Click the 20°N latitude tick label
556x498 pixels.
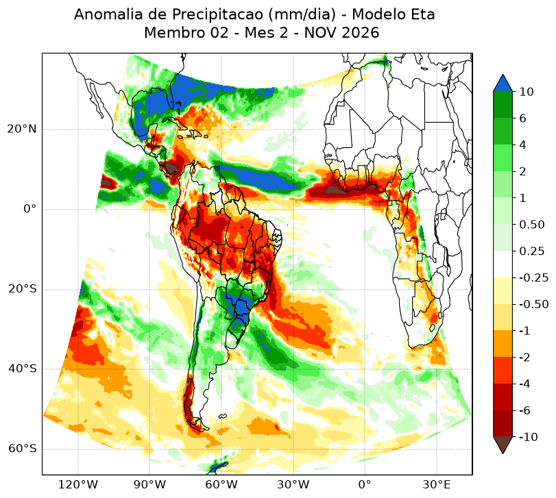click(x=22, y=129)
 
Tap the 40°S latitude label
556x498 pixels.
click(x=22, y=369)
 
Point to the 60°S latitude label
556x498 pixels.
click(x=22, y=449)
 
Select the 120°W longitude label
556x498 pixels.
click(x=77, y=484)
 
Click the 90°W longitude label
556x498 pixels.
click(x=149, y=484)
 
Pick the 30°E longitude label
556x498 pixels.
click(x=437, y=484)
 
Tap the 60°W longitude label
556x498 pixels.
click(x=221, y=484)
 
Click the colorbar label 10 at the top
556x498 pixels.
click(x=527, y=92)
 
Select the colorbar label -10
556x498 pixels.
click(x=529, y=437)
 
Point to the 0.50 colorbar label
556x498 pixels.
click(x=532, y=225)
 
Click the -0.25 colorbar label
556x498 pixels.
click(x=534, y=277)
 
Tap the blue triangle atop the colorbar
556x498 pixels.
click(x=503, y=84)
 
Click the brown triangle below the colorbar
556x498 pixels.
click(x=503, y=445)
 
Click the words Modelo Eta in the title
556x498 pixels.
click(x=394, y=14)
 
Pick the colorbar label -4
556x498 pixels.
click(x=524, y=384)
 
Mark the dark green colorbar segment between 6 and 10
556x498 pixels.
click(x=503, y=105)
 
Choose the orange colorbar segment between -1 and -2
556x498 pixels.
click(x=503, y=344)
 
